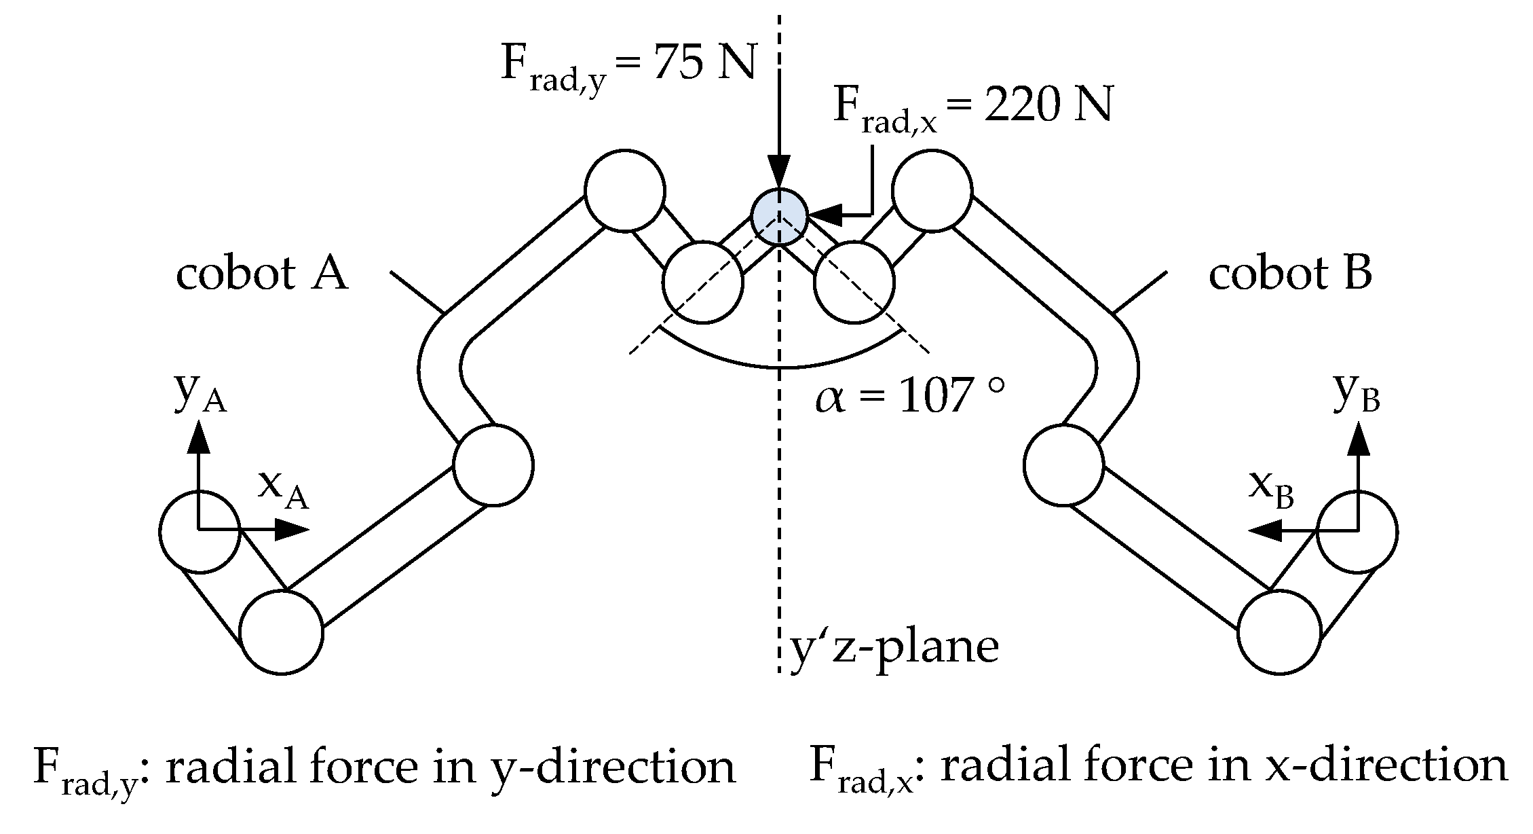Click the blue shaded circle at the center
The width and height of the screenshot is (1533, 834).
pyautogui.click(x=779, y=216)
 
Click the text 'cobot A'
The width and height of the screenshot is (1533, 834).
pyautogui.click(x=262, y=274)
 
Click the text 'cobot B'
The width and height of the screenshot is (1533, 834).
pyautogui.click(x=1290, y=274)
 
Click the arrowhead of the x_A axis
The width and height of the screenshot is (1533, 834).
pyautogui.click(x=294, y=529)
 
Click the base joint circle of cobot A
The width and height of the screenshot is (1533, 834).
pyautogui.click(x=200, y=531)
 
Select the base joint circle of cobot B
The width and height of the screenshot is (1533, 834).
pyautogui.click(x=1357, y=531)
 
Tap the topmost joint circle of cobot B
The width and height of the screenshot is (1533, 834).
pyautogui.click(x=931, y=189)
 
